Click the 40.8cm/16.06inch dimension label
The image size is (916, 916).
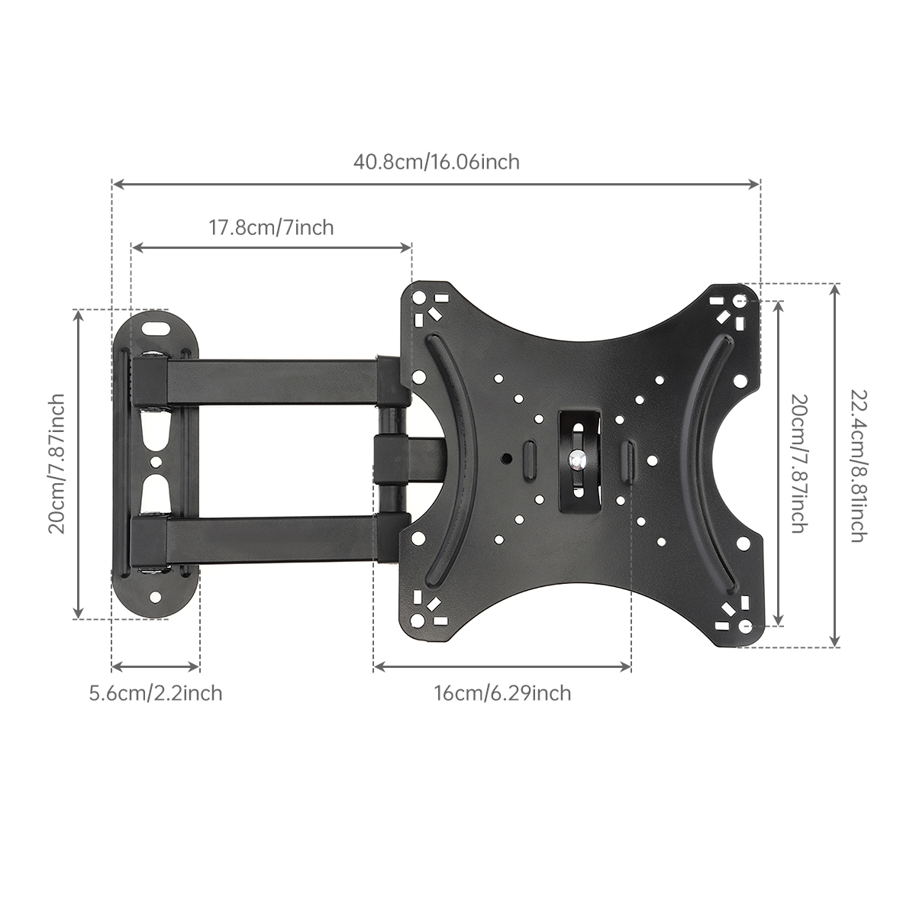[x=436, y=162]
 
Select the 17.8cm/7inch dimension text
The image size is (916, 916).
[x=271, y=227]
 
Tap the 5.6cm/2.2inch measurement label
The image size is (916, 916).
[x=156, y=693]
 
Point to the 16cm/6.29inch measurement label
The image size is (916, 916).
[x=502, y=693]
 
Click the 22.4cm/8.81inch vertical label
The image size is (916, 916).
[x=857, y=466]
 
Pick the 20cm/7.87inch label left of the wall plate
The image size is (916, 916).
[x=57, y=463]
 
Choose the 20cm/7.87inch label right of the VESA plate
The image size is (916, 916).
[x=798, y=463]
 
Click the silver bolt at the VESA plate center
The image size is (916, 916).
[x=578, y=460]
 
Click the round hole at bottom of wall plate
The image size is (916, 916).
[x=156, y=597]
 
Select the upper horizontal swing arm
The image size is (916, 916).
[x=267, y=379]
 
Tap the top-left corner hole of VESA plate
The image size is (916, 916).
[x=418, y=298]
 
